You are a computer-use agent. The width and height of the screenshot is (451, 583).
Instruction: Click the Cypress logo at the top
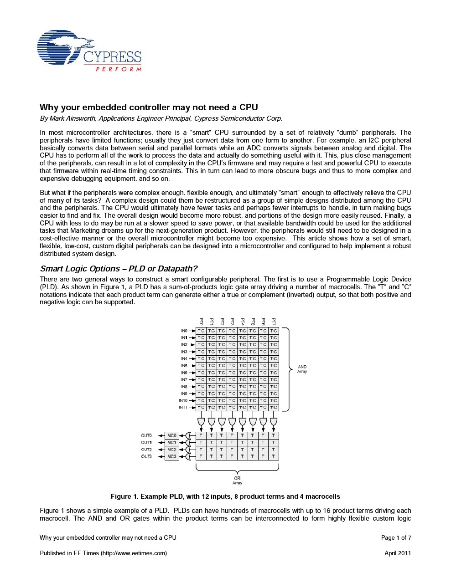(89, 51)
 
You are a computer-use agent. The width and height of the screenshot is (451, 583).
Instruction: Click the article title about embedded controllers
(149, 107)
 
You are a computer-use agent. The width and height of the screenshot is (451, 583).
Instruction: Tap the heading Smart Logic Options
(119, 269)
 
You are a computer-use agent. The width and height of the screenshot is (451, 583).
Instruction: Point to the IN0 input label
(184, 331)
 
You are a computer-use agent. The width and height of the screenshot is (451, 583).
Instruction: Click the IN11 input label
(183, 407)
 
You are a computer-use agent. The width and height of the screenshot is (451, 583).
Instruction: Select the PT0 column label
(201, 322)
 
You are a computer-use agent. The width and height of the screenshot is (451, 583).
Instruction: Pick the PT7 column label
(274, 322)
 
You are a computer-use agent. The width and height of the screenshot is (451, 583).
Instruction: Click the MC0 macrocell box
(171, 435)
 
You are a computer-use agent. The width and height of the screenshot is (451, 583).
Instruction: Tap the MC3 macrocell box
(171, 456)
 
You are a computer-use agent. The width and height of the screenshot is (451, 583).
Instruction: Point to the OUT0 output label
(146, 435)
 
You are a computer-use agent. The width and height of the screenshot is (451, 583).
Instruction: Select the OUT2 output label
(146, 450)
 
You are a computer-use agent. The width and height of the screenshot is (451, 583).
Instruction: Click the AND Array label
(302, 369)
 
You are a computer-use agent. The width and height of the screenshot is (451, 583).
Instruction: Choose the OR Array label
(237, 481)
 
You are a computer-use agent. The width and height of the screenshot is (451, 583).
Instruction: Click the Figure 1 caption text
(225, 496)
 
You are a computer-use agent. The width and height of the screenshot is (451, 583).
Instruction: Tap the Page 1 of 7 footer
(396, 537)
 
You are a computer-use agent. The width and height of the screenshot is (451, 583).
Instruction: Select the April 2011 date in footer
(398, 553)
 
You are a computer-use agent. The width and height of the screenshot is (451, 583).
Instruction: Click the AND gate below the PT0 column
(201, 421)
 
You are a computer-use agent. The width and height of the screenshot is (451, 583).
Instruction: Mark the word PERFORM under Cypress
(119, 69)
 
